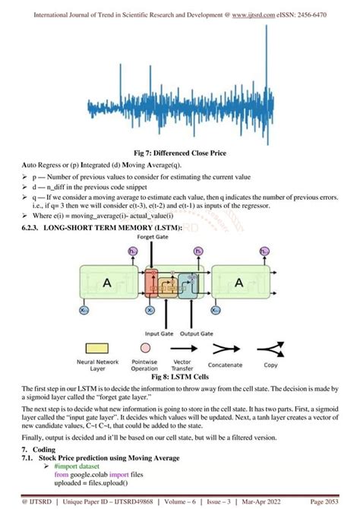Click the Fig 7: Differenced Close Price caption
click(181, 153)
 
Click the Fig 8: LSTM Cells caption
click(180, 376)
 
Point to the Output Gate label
click(197, 331)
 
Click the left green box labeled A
click(107, 283)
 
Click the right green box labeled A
click(239, 283)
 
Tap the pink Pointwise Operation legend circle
click(144, 349)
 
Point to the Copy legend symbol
click(270, 349)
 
